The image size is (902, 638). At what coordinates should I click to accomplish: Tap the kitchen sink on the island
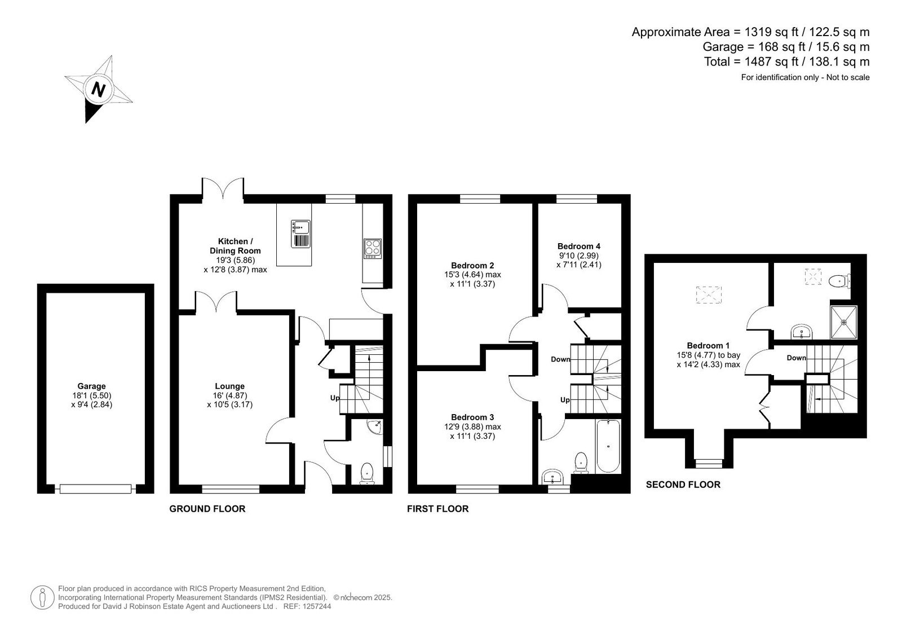[x=301, y=234]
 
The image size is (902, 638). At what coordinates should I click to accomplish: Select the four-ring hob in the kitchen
[x=373, y=249]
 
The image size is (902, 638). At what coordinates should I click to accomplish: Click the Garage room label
[x=92, y=386]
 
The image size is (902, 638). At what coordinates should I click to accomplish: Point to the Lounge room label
[x=229, y=386]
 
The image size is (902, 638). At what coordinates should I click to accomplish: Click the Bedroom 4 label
[x=578, y=247]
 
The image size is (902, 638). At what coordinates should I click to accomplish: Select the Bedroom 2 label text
[x=472, y=266]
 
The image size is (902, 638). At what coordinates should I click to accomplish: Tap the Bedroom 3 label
[x=472, y=417]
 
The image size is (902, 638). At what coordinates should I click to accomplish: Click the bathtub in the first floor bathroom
[x=608, y=446]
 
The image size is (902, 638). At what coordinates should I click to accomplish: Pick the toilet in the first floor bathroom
[x=581, y=462]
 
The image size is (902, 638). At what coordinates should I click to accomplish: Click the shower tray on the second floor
[x=843, y=322]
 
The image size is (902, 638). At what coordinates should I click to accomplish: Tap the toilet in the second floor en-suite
[x=839, y=280]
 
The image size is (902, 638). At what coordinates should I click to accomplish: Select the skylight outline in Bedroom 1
[x=709, y=294]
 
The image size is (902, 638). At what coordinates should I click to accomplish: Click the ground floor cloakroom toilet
[x=367, y=473]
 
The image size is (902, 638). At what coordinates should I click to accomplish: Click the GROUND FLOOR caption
[x=207, y=509]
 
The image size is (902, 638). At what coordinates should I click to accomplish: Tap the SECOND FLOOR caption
[x=683, y=485]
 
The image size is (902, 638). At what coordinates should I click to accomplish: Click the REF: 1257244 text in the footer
[x=307, y=606]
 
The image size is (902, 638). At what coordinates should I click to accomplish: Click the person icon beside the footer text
[x=42, y=597]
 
